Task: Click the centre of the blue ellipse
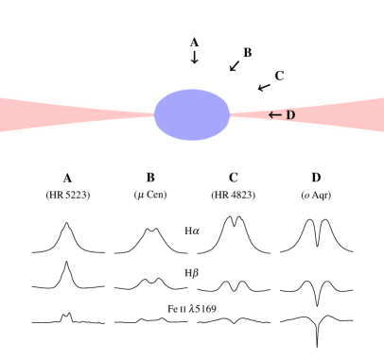click(192, 114)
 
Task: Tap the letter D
click(290, 115)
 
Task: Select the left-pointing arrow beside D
click(275, 115)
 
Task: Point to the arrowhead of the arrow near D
click(271, 115)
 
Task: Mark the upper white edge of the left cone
click(76, 105)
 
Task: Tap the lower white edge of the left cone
click(76, 124)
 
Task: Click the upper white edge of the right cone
click(307, 105)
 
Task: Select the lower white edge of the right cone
click(307, 124)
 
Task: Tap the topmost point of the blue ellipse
click(192, 89)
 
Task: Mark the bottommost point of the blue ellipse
click(192, 140)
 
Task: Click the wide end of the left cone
click(3, 114)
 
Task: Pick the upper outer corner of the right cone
click(382, 96)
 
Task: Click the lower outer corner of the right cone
click(382, 132)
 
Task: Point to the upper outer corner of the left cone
click(1, 96)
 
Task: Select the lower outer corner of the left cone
click(1, 132)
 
